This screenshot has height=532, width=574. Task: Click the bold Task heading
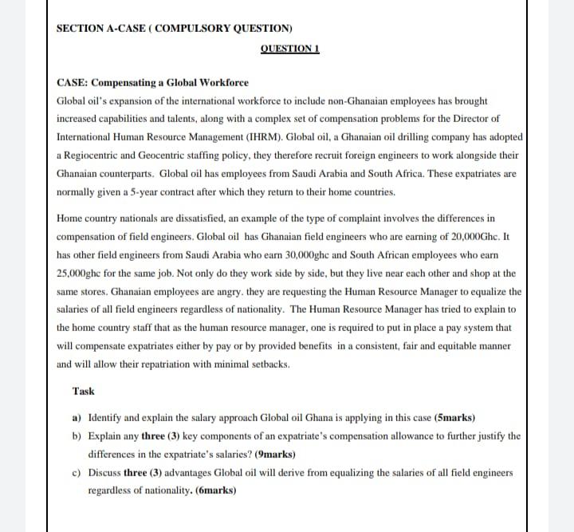tap(83, 391)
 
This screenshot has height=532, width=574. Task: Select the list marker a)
tap(77, 417)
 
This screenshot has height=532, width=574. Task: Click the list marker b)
tap(77, 435)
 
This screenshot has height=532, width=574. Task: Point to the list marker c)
tap(77, 472)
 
